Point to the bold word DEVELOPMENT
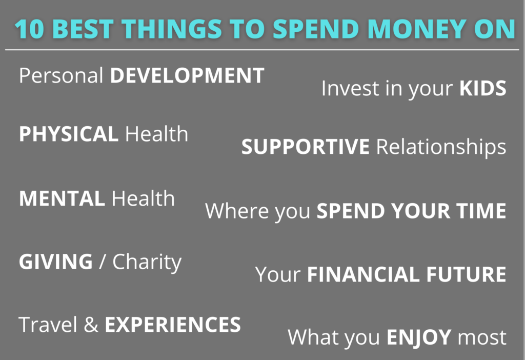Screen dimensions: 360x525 tap(187, 76)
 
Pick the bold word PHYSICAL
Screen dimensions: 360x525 tap(68, 134)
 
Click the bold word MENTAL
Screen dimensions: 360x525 tap(61, 198)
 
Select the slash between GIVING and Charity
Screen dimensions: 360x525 tap(103, 262)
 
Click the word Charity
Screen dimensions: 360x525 tap(147, 263)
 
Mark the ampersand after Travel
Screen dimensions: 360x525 tap(91, 325)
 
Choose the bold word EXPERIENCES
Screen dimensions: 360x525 tap(173, 325)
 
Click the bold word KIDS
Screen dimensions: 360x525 tap(482, 89)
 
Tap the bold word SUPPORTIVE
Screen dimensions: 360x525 tap(305, 147)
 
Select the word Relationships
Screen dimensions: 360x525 tap(441, 148)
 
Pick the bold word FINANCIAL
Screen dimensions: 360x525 tap(367, 274)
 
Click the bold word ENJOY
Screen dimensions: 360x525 tap(418, 337)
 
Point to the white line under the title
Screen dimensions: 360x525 tap(262, 50)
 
